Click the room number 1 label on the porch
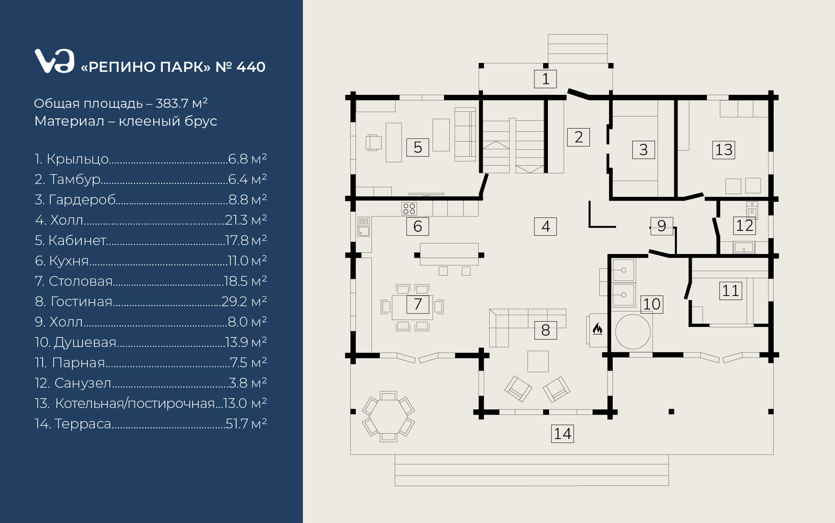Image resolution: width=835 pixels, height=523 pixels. click(545, 79)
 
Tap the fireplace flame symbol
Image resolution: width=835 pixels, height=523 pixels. click(598, 329)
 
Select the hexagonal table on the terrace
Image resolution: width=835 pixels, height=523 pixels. click(388, 417)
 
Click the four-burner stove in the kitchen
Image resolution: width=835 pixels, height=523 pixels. click(409, 209)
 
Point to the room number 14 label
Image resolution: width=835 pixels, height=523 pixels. click(562, 433)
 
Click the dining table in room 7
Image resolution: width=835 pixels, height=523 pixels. click(412, 307)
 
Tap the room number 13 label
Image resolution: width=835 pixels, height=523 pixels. click(724, 150)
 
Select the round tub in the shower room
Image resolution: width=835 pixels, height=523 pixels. click(633, 332)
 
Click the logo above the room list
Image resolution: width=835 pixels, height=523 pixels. click(54, 61)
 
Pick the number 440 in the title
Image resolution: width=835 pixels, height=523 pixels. click(251, 67)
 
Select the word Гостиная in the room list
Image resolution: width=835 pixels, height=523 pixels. click(81, 301)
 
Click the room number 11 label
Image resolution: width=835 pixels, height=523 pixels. click(731, 290)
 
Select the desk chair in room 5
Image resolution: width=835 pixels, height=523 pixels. click(373, 143)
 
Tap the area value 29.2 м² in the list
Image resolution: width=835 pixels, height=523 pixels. click(244, 301)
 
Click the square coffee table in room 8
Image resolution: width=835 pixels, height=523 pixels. click(538, 361)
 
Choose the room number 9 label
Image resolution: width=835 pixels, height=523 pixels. click(661, 226)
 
